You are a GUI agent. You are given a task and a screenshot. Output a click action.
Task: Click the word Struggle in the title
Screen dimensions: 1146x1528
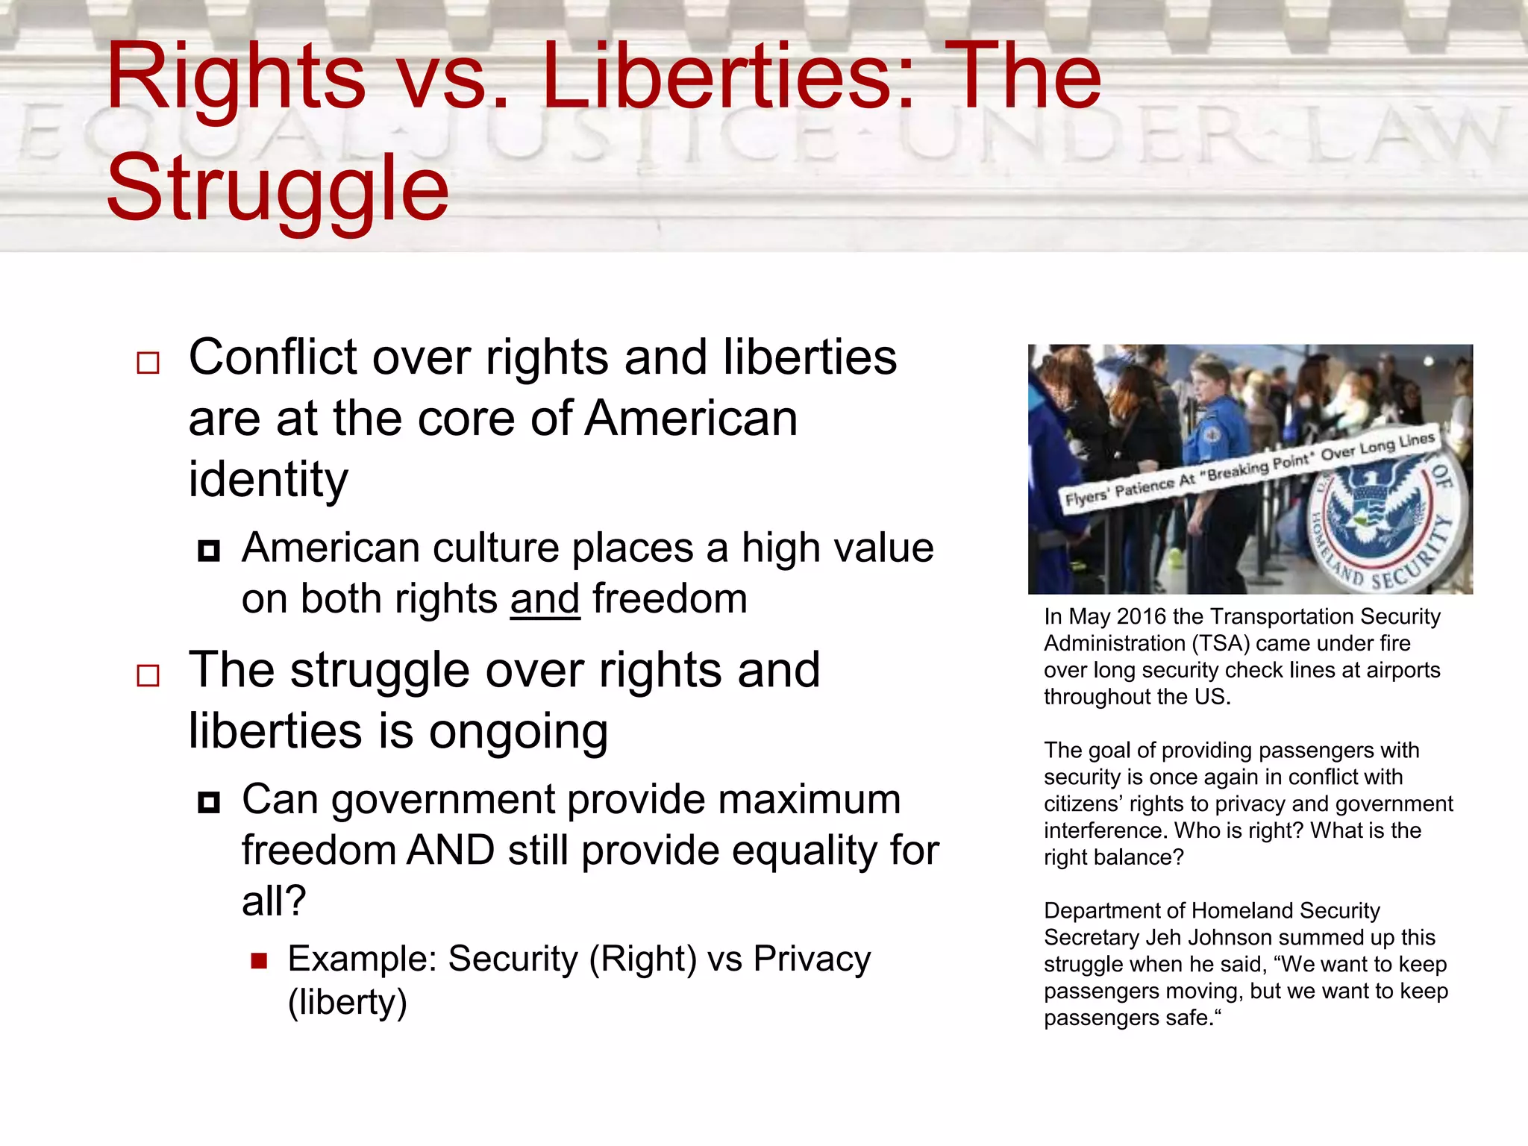tap(278, 189)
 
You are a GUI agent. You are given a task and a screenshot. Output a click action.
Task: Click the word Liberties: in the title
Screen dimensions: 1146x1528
tap(728, 76)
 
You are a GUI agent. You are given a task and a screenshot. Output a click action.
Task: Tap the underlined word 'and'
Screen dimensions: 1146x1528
tap(545, 599)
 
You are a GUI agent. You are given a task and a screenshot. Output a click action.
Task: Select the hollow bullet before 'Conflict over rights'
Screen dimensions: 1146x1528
tap(148, 363)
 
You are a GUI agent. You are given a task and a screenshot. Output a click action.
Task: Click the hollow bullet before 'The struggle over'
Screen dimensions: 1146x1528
tap(148, 676)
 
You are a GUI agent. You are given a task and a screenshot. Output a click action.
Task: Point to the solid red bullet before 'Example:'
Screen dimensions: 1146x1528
tap(259, 960)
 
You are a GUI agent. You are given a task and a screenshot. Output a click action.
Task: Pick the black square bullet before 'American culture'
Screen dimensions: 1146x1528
tap(209, 551)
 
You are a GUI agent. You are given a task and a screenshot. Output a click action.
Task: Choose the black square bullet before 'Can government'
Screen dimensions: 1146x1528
tap(209, 803)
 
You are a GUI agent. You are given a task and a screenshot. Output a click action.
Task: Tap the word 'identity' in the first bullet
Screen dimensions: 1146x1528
tap(268, 479)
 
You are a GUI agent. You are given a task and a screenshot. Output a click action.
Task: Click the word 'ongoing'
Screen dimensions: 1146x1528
tap(518, 732)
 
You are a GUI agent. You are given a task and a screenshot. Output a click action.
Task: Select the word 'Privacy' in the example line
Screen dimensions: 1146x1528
tap(812, 959)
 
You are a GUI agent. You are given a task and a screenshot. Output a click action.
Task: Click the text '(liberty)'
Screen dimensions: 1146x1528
tap(348, 1002)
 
